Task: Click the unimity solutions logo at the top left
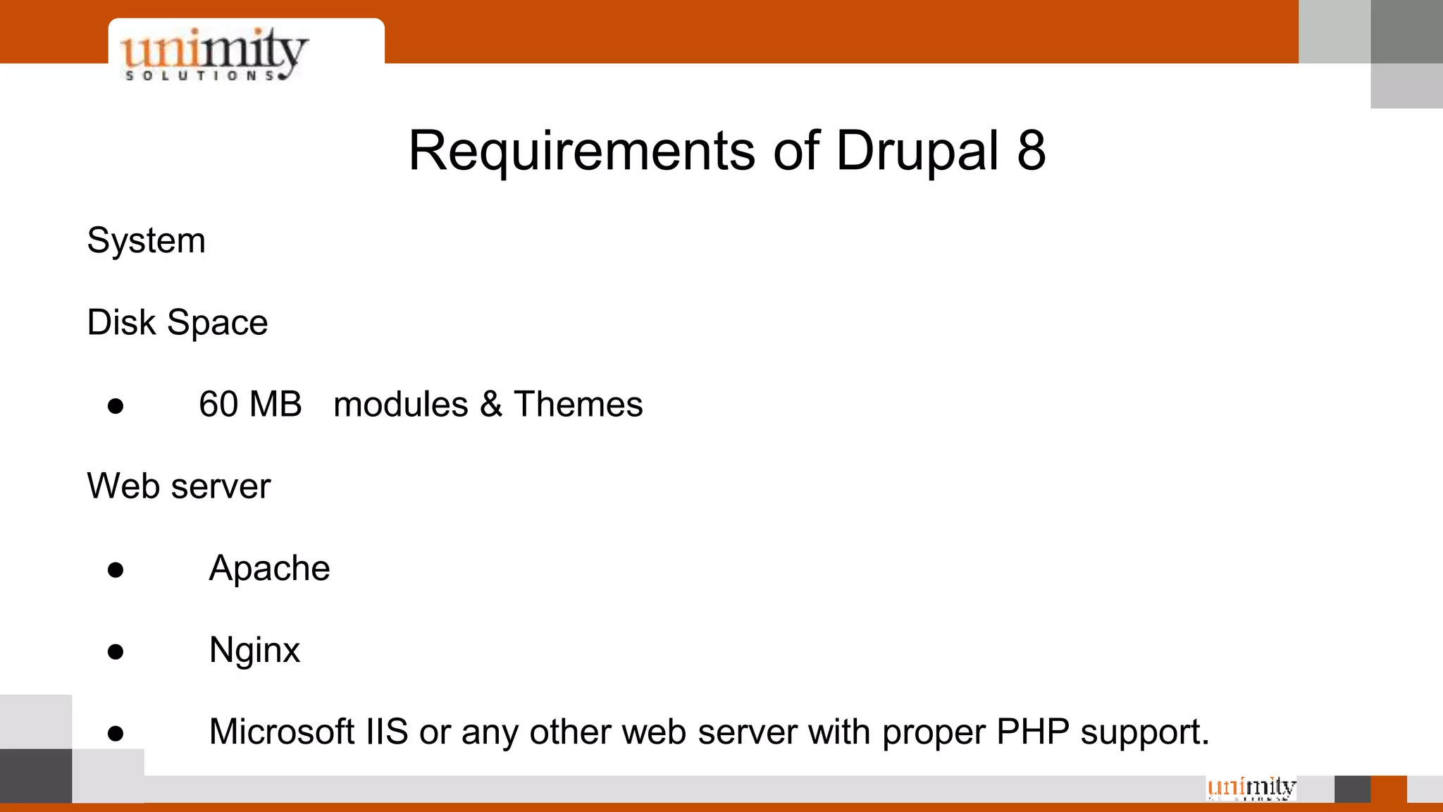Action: click(x=214, y=54)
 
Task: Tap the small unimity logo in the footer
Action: click(x=1251, y=787)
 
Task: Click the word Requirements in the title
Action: click(x=581, y=151)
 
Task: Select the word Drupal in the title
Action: click(x=917, y=151)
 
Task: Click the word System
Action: click(x=146, y=241)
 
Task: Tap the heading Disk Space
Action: click(x=177, y=323)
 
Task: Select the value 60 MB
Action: click(x=250, y=405)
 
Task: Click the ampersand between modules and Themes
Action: click(x=490, y=405)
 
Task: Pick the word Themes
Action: click(x=578, y=405)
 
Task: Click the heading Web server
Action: click(x=178, y=486)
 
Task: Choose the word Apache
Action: click(x=269, y=568)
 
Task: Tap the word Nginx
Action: click(x=254, y=650)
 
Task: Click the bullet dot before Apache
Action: click(x=116, y=570)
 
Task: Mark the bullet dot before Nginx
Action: click(x=116, y=651)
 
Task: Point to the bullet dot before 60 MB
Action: click(x=116, y=406)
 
